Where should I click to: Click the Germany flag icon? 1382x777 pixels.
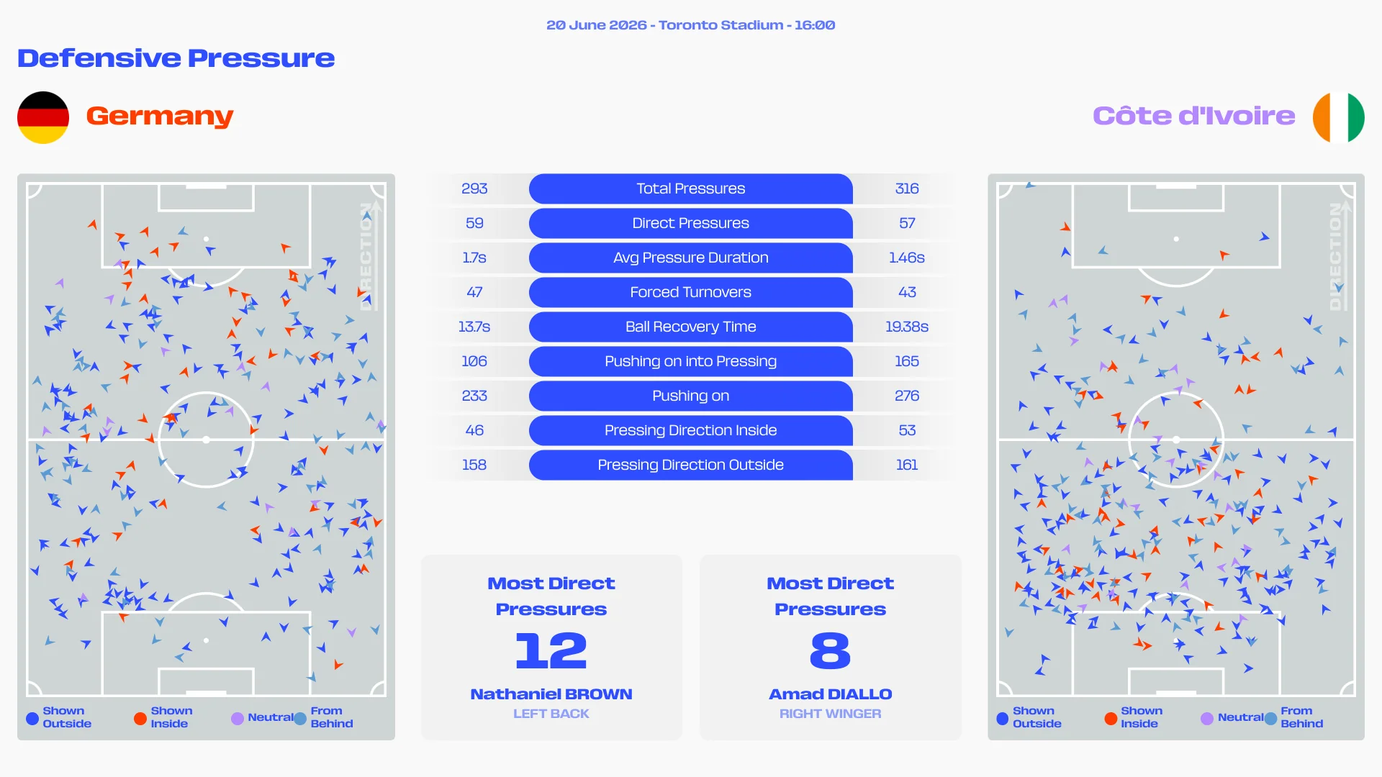pos(43,117)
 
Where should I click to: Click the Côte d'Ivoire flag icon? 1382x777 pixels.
pos(1338,117)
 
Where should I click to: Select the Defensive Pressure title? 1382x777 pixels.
pos(176,58)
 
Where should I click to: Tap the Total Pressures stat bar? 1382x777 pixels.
pos(691,188)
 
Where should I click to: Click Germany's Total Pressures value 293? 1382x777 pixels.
pos(474,188)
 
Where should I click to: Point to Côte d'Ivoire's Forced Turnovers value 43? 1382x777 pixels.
pos(907,292)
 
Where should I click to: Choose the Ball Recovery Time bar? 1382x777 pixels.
pos(691,327)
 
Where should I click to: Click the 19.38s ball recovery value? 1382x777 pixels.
pos(907,327)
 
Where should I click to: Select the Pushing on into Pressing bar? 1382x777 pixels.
pos(691,361)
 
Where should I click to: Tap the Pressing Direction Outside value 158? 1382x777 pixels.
pos(474,465)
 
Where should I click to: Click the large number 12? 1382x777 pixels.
pos(551,650)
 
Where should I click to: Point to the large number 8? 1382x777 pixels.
pos(831,650)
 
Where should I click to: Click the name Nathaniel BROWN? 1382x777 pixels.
pos(551,694)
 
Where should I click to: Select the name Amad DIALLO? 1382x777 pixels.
pos(831,694)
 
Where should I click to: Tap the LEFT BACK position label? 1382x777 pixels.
pos(551,714)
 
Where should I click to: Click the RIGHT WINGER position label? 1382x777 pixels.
pos(831,714)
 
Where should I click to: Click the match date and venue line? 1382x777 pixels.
pos(691,25)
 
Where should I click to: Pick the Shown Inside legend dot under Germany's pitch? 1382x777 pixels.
pos(140,718)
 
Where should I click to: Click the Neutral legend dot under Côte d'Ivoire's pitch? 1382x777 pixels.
pos(1207,718)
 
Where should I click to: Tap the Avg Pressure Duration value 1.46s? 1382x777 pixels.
pos(907,258)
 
